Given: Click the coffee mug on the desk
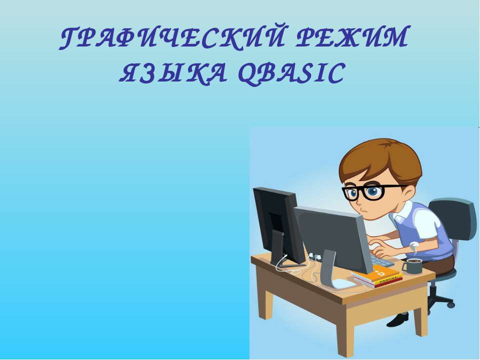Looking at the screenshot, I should point(413,265).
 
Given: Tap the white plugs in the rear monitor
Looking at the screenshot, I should point(315,256).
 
